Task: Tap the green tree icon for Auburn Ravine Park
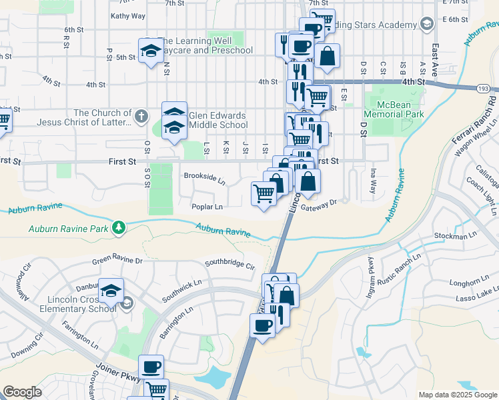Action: point(119,228)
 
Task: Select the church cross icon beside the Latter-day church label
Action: point(140,117)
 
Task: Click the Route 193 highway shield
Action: point(484,88)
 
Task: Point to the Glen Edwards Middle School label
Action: point(218,120)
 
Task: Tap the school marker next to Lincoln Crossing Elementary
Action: point(111,291)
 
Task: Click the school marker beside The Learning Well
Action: point(151,51)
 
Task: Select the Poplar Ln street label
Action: point(207,207)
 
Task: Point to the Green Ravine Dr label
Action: point(117,261)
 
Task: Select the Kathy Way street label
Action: point(128,15)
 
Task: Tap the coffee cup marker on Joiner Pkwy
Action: point(151,367)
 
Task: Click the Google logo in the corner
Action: point(23,392)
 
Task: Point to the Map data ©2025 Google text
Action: point(457,395)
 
